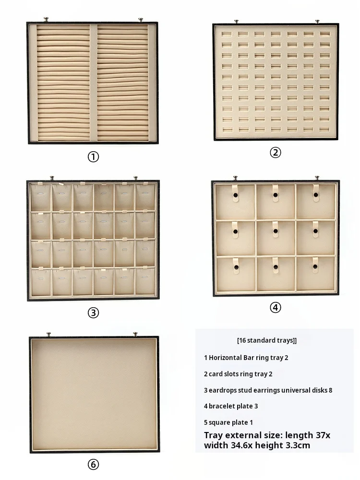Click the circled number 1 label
pos(94,157)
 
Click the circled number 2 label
pos(275,152)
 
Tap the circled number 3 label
pos(94,312)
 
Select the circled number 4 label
pos(275,307)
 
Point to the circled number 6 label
pos(94,464)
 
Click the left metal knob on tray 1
pos(46,20)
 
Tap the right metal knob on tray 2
pos(317,21)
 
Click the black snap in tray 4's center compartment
pos(276,231)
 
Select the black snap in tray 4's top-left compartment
pos(235,195)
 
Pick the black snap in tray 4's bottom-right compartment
pos(315,267)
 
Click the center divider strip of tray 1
pos(94,83)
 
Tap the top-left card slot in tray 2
pos(227,34)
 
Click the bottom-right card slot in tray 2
pos(325,130)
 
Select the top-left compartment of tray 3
pos(41,197)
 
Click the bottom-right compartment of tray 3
pos(145,282)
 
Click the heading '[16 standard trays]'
pos(266,340)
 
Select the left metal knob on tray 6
pos(48,334)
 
